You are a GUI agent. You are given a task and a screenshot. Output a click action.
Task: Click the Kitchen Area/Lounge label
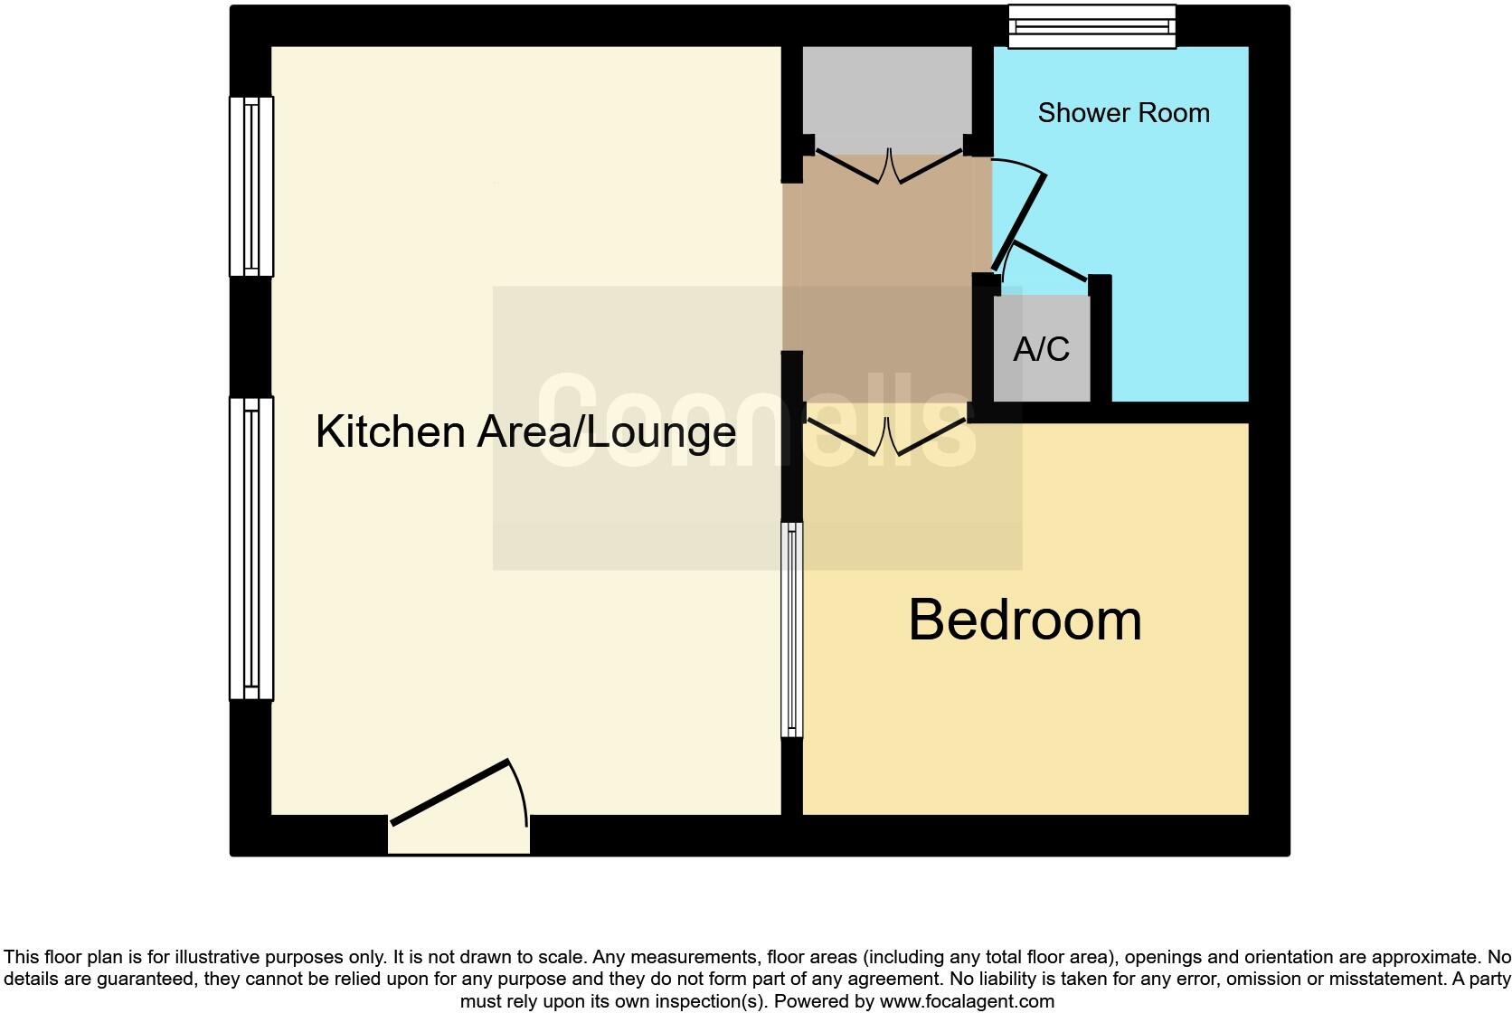[525, 431]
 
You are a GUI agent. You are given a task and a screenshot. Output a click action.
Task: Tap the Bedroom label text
[1025, 620]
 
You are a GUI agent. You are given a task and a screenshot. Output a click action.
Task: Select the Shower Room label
[1123, 113]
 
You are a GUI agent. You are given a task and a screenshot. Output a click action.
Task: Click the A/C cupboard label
[1041, 349]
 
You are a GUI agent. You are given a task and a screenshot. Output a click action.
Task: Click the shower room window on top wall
[1091, 26]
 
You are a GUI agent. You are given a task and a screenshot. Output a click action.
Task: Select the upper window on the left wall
[251, 185]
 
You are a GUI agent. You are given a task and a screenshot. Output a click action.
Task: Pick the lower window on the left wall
[251, 548]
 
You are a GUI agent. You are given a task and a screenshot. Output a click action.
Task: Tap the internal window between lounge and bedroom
[792, 630]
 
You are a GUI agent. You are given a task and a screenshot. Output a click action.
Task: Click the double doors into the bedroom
[886, 435]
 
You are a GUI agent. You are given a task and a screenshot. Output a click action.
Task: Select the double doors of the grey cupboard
[886, 166]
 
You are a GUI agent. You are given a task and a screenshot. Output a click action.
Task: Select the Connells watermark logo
[757, 421]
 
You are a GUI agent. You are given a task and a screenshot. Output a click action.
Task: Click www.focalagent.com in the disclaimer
[967, 1001]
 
